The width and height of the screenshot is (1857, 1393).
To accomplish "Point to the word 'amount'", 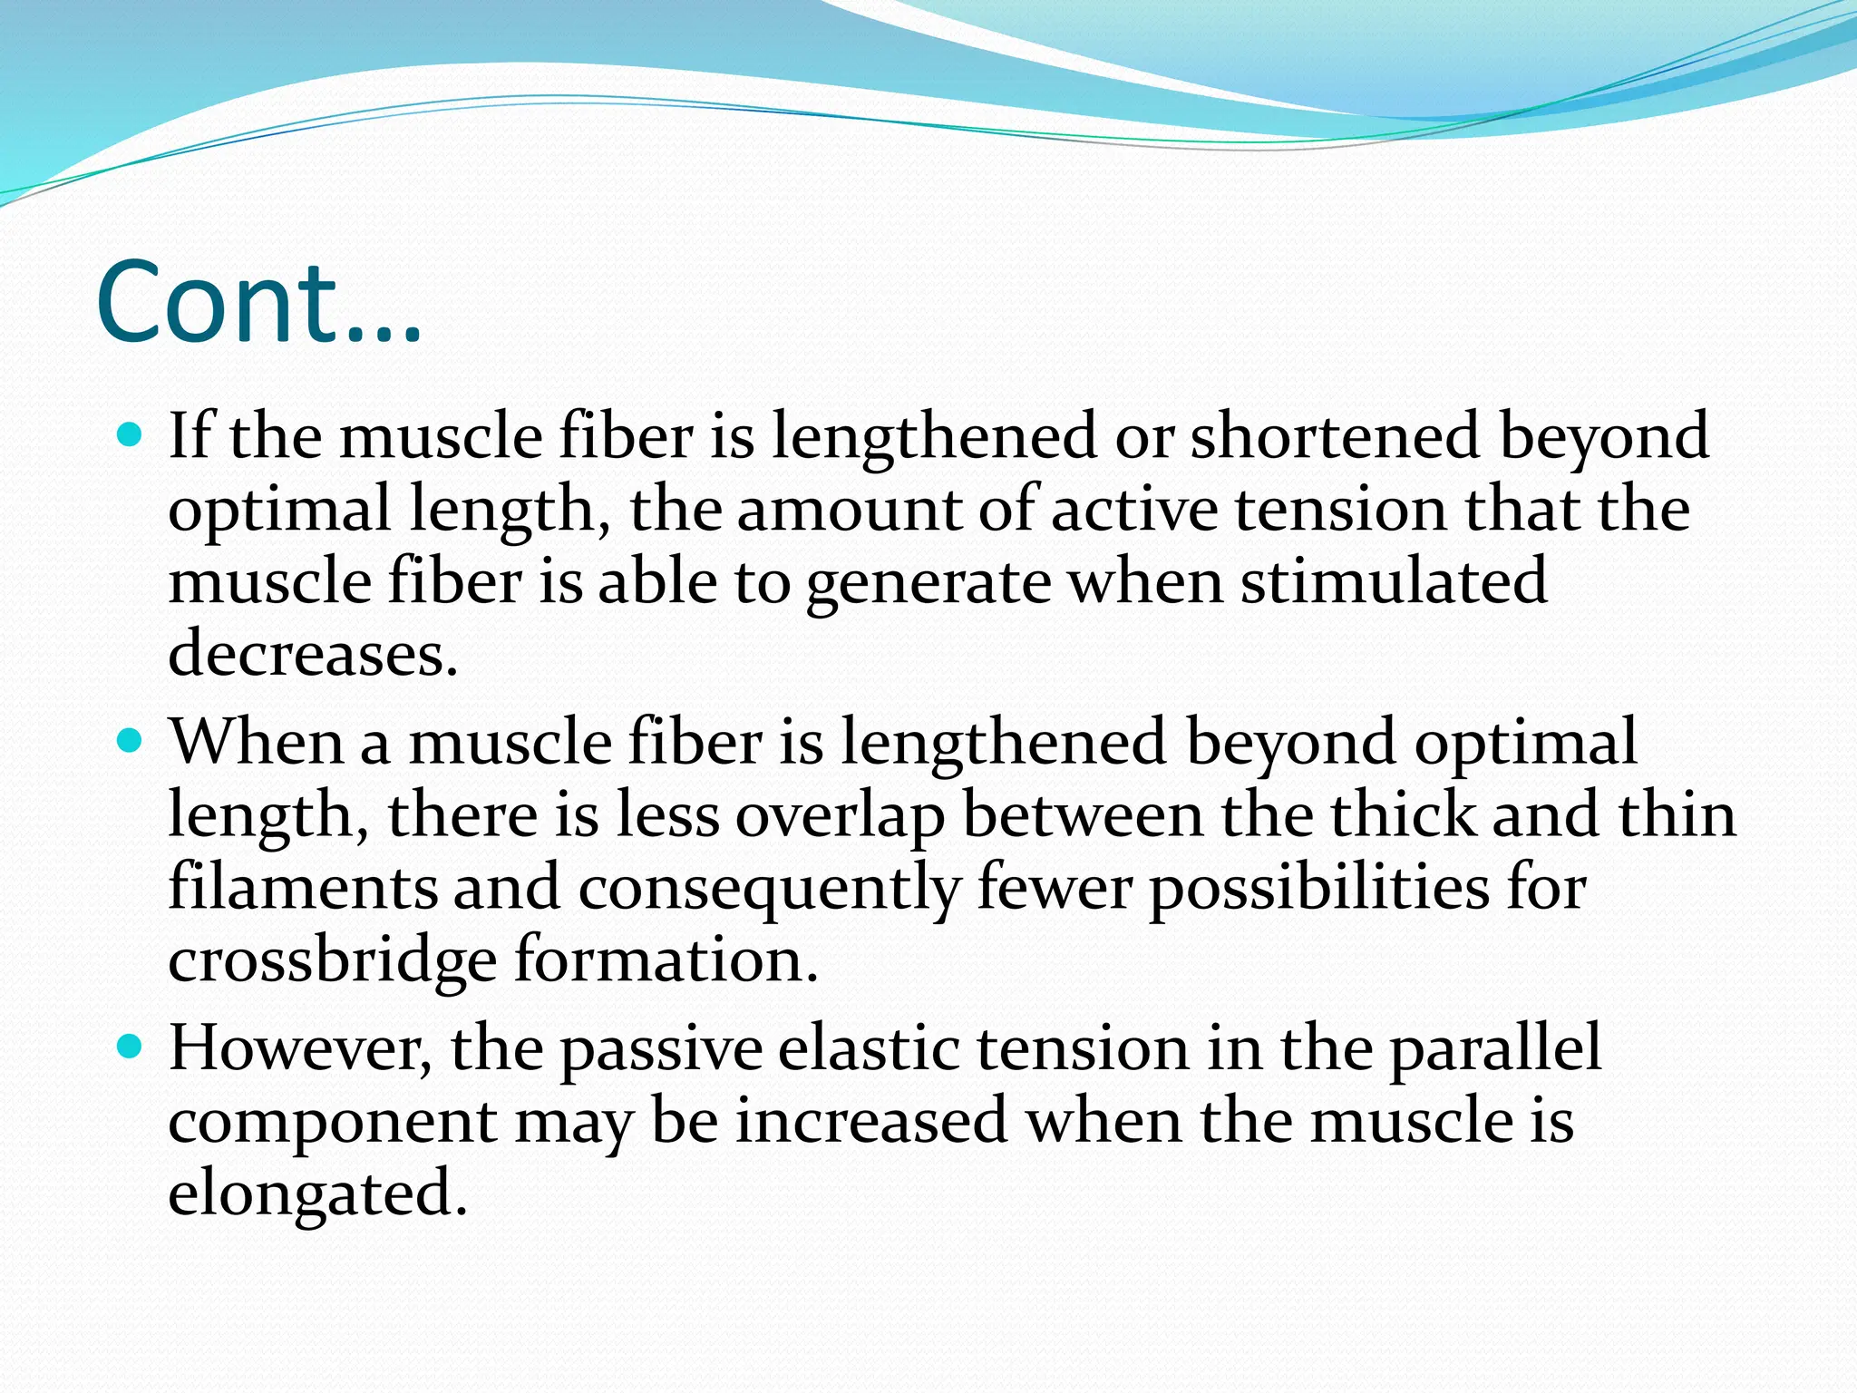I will pos(849,510).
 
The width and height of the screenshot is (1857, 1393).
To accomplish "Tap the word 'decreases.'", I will pos(313,654).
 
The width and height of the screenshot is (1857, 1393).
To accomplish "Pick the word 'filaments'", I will pos(303,887).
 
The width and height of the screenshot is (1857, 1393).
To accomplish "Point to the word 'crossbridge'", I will pos(332,960).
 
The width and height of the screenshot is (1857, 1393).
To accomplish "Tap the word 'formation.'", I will pos(666,960).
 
